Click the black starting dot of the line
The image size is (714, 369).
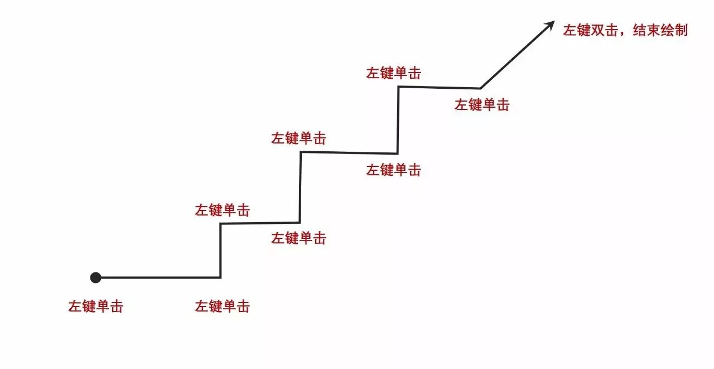pyautogui.click(x=95, y=277)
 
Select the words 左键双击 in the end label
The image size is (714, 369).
pyautogui.click(x=591, y=30)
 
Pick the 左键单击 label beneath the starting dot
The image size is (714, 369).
pyautogui.click(x=95, y=306)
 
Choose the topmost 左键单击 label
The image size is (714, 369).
pyautogui.click(x=393, y=73)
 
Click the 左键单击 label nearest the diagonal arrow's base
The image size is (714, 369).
pyautogui.click(x=482, y=104)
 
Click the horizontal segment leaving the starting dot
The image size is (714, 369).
pyautogui.click(x=159, y=277)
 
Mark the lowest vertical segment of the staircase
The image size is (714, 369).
pyautogui.click(x=220, y=251)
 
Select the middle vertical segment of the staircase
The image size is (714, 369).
pyautogui.click(x=300, y=188)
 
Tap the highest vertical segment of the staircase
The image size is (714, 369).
pyautogui.click(x=398, y=119)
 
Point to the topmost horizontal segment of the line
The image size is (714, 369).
pyautogui.click(x=439, y=88)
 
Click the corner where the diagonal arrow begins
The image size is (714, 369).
pyautogui.click(x=480, y=88)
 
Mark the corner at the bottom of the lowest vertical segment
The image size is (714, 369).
pyautogui.click(x=220, y=277)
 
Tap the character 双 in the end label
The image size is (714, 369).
pyautogui.click(x=598, y=30)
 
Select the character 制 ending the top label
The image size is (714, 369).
pyautogui.click(x=681, y=30)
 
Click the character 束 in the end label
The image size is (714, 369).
pyautogui.click(x=653, y=30)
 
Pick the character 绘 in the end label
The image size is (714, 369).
pyautogui.click(x=667, y=30)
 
